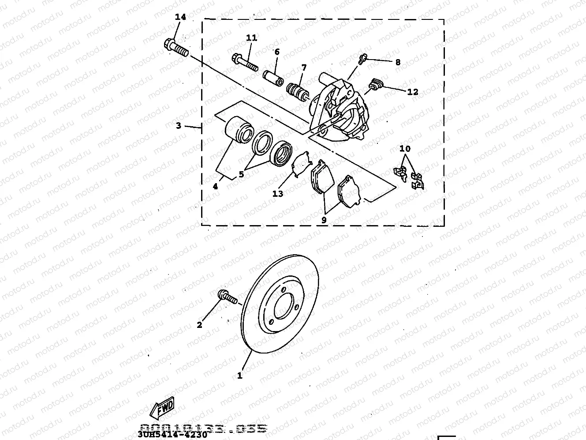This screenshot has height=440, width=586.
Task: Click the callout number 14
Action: click(x=180, y=17)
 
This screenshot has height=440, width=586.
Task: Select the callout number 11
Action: click(x=251, y=38)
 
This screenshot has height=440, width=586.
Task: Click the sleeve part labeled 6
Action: click(x=272, y=77)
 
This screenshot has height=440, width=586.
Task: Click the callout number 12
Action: click(x=412, y=92)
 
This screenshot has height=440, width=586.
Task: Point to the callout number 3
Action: click(x=178, y=126)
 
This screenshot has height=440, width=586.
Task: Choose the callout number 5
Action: click(x=241, y=174)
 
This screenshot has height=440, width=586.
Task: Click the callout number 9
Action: click(x=324, y=219)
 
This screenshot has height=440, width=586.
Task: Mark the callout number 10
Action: click(x=405, y=149)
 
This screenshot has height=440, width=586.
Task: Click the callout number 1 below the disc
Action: click(x=240, y=376)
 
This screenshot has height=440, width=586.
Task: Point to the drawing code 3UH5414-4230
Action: click(x=172, y=434)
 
